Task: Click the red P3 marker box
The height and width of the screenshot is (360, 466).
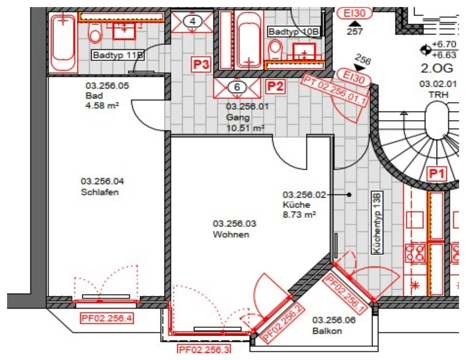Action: tap(201, 64)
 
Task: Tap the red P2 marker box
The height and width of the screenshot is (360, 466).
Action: tap(275, 86)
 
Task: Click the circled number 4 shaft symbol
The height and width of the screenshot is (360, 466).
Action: tap(193, 22)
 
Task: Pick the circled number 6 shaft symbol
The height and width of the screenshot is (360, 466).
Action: tap(237, 87)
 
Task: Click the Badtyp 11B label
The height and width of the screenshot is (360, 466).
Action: tap(118, 55)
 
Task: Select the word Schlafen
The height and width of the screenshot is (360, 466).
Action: tap(100, 192)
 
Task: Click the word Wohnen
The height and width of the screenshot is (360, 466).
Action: tap(231, 235)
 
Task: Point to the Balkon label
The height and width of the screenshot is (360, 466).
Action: tap(327, 331)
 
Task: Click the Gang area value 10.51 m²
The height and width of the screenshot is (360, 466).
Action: tap(245, 128)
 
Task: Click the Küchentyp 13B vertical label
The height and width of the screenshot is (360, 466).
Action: tap(377, 223)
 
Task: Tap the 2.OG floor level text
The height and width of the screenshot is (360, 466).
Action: tap(437, 68)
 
